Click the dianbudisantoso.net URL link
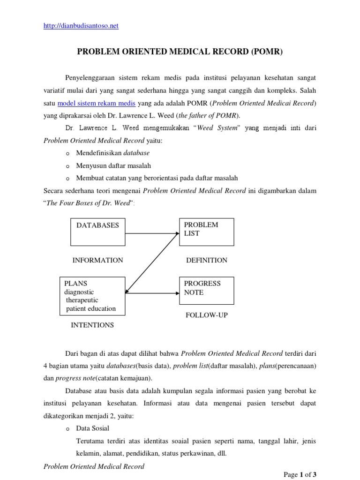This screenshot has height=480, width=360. pos(81,26)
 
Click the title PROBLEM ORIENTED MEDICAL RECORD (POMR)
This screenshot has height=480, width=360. pos(180,52)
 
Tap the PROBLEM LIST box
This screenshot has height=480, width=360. pos(206,232)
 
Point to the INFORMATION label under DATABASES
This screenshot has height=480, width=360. pos(98,260)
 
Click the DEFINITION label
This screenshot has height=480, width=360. pos(207,260)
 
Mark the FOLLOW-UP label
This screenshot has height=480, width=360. pos(207,315)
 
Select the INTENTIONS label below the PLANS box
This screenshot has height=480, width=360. pos(92,324)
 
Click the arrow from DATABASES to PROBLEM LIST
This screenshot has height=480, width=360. pos(152,232)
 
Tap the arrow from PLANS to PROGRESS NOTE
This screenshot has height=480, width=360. pos(152,293)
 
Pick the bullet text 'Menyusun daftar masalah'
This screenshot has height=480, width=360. pos(113,165)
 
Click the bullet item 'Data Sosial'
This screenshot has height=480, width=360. pos(93,428)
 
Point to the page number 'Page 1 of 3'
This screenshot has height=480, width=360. pos(300,475)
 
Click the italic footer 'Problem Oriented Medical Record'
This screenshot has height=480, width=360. pos(94,466)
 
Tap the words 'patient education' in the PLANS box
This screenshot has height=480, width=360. pos(91,308)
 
